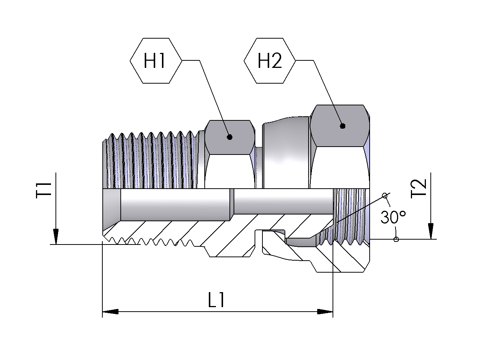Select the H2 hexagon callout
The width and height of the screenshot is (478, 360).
[x=270, y=60]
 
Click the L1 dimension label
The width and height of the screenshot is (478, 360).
[x=216, y=300]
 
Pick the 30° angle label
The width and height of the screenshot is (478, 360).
[x=393, y=217]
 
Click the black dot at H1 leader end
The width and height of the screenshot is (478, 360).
[x=230, y=137]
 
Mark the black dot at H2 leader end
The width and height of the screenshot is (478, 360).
[x=342, y=126]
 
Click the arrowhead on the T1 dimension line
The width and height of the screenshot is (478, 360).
[x=55, y=236]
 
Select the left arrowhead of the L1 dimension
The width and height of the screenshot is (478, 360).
[x=110, y=312]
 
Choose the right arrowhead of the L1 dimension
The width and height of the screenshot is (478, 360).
[x=325, y=312]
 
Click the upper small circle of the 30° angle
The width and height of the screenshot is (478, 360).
[x=384, y=195]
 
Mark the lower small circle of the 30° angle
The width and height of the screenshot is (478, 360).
[x=396, y=239]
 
